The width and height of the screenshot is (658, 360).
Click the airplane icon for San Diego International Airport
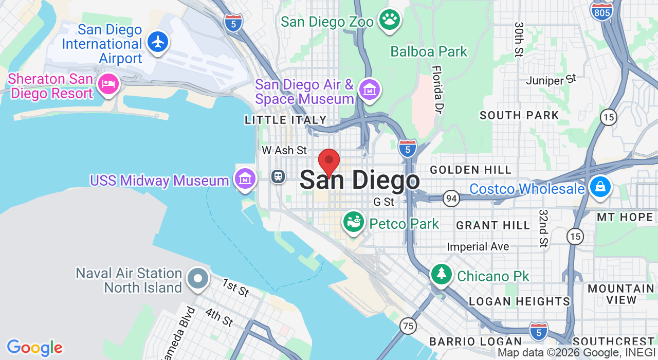pyautogui.click(x=158, y=42)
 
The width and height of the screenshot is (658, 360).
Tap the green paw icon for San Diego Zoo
pyautogui.click(x=390, y=20)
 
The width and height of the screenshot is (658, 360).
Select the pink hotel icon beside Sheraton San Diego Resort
pyautogui.click(x=108, y=84)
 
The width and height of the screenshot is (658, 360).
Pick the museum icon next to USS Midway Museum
pyautogui.click(x=245, y=178)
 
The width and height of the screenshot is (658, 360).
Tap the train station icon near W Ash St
pyautogui.click(x=278, y=176)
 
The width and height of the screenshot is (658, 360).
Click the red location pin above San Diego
pyautogui.click(x=329, y=161)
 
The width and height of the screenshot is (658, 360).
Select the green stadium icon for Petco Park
pyautogui.click(x=354, y=222)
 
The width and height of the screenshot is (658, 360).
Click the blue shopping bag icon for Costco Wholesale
pyautogui.click(x=599, y=187)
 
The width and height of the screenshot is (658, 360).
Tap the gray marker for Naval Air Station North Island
pyautogui.click(x=198, y=279)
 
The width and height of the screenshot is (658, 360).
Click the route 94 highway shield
pyautogui.click(x=451, y=198)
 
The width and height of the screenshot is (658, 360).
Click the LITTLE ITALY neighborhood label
pyautogui.click(x=286, y=120)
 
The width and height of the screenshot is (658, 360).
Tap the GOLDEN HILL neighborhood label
pyautogui.click(x=471, y=170)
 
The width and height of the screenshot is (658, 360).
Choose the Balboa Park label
pyautogui.click(x=429, y=51)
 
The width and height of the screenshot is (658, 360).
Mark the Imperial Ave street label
pyautogui.click(x=478, y=247)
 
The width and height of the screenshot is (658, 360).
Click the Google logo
pyautogui.click(x=34, y=348)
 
